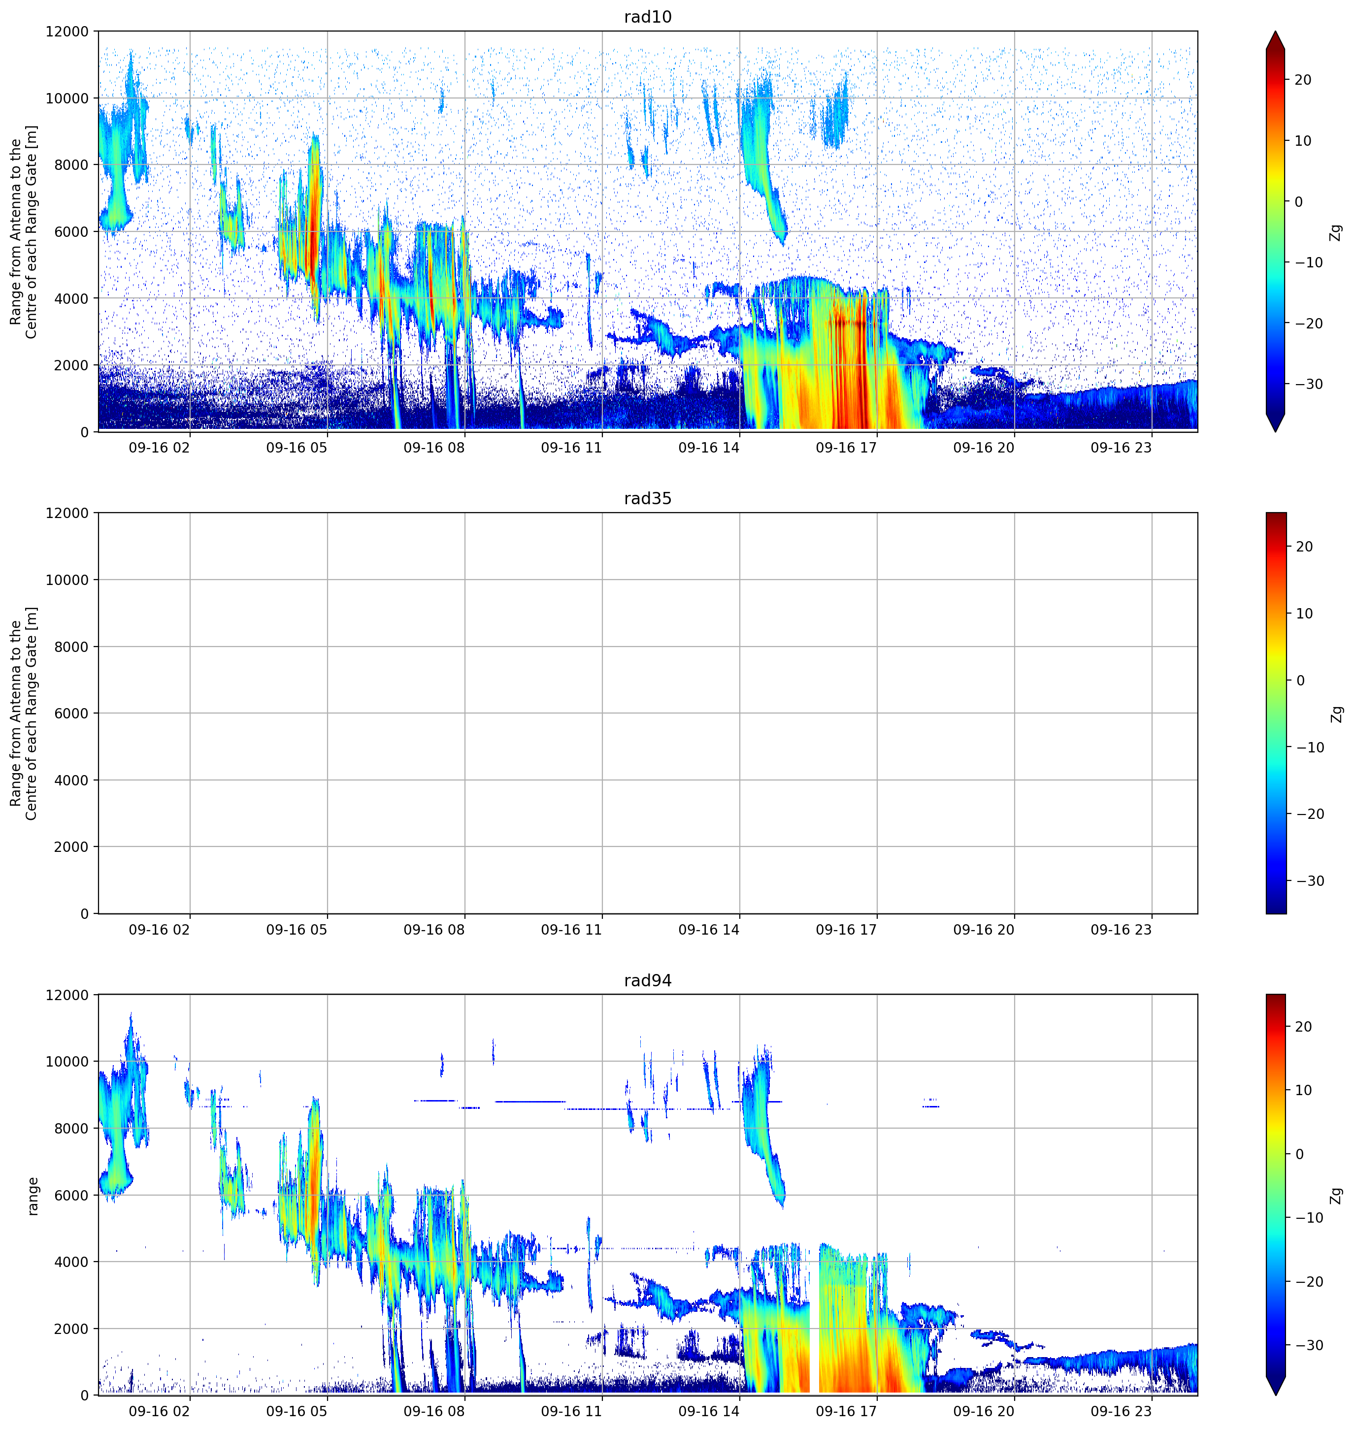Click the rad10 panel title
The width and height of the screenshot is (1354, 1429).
coord(647,17)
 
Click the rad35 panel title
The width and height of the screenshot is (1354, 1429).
coord(647,499)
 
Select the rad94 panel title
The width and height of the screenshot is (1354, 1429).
coord(647,980)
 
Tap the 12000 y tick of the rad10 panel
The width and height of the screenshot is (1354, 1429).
coord(67,32)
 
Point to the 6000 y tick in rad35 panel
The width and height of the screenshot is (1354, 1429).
coord(71,713)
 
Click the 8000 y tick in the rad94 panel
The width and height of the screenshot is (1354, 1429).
coord(71,1128)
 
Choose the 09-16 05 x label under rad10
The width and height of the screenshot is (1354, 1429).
coord(297,448)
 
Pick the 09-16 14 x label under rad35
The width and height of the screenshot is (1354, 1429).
coord(709,930)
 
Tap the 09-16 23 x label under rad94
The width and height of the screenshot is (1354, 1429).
coord(1121,1411)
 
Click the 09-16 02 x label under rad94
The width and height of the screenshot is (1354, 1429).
coord(159,1411)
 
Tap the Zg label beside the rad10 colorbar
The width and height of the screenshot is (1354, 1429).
coord(1336,231)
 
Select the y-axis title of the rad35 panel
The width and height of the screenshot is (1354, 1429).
coord(23,713)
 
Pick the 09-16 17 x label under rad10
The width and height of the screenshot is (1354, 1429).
coord(846,448)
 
